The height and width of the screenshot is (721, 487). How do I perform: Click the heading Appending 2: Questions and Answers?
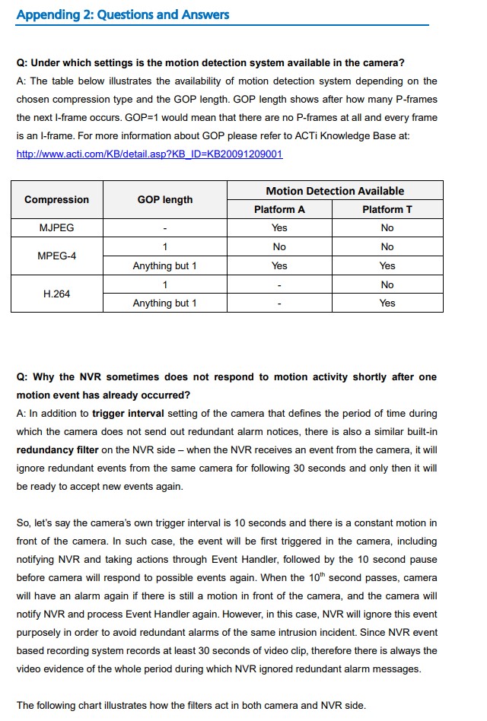pos(123,14)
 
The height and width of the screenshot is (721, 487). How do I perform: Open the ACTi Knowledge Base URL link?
pos(149,154)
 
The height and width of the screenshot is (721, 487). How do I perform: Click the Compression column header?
pos(56,200)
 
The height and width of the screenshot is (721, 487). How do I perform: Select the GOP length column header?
pos(164,200)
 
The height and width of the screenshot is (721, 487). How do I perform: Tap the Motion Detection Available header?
pos(335,191)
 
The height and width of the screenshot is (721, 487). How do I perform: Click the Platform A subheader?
pos(279,209)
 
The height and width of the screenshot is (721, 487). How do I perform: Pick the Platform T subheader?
pos(387,209)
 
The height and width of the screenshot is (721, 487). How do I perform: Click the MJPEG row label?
pos(56,228)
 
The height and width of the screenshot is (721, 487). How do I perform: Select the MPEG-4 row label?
pos(56,256)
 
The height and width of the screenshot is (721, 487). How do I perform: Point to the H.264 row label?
pos(56,294)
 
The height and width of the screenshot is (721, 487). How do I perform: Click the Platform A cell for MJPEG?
pos(279,228)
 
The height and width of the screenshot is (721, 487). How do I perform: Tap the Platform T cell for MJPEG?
pos(387,228)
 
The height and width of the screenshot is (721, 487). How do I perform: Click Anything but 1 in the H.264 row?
pos(164,303)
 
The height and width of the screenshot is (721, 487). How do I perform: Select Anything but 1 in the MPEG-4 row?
pos(164,266)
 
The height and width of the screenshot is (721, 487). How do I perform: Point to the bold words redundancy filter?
pos(58,450)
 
